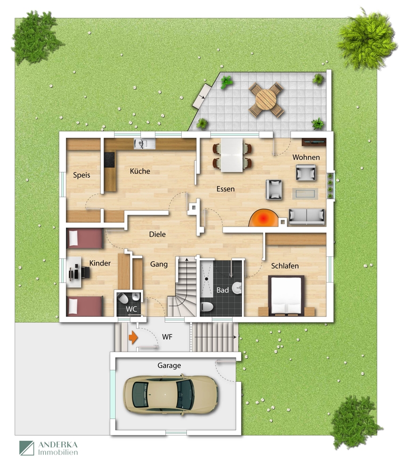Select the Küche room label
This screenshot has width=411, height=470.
(140, 171)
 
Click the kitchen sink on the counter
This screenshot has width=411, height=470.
(145, 144)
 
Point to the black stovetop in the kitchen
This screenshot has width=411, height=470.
(110, 160)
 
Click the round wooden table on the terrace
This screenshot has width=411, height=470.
(266, 100)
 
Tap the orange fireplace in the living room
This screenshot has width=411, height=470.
(264, 218)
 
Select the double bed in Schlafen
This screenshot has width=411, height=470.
(286, 296)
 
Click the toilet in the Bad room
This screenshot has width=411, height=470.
(207, 306)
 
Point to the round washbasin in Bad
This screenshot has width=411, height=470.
(237, 288)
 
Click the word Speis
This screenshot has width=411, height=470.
(81, 175)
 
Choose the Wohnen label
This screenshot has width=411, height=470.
(306, 157)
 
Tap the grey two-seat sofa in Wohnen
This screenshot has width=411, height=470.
(306, 216)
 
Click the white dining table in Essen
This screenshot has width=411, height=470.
(232, 155)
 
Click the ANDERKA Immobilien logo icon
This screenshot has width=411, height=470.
(27, 448)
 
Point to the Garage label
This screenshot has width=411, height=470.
(169, 366)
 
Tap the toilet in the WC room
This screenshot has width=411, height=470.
(122, 298)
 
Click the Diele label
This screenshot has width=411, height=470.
(157, 235)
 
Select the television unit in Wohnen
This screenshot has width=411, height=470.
(314, 142)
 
